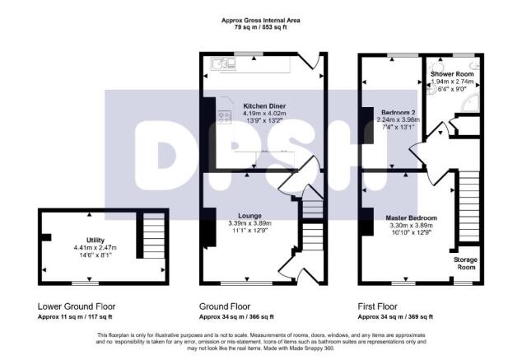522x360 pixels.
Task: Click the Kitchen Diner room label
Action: pos(263,105)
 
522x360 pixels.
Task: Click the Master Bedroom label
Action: pos(411,217)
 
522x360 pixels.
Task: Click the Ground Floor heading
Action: pos(226,304)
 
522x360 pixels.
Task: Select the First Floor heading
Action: pos(378,304)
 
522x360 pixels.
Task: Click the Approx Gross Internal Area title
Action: pos(261,20)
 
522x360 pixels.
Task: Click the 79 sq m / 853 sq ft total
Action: pos(261,27)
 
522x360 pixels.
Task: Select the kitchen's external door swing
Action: pos(311,63)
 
